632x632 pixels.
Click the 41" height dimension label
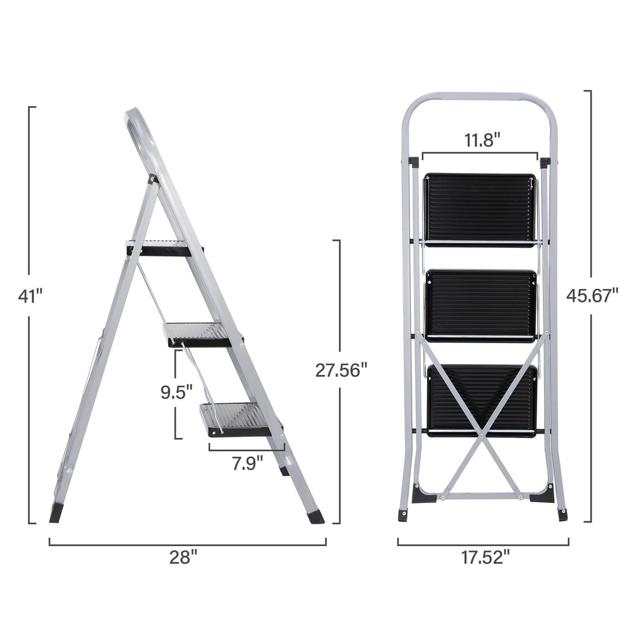30,296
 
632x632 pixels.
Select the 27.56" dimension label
341,370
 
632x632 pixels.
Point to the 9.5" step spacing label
176,392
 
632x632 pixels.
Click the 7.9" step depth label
247,463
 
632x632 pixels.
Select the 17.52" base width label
483,557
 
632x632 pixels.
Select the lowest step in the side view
238,420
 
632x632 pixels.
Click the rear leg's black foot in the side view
56,513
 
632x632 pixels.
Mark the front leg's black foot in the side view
315,516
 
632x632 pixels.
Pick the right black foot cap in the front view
562,514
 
